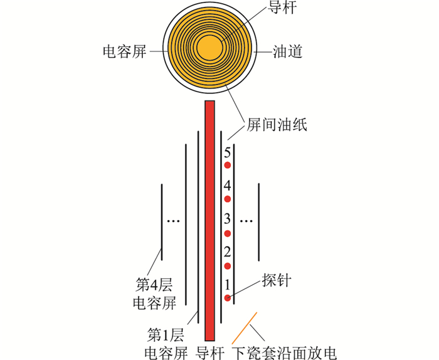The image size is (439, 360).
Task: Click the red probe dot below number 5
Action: click(x=227, y=165)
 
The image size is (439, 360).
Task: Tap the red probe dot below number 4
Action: click(x=227, y=199)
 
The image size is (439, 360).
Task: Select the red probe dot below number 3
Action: click(x=227, y=233)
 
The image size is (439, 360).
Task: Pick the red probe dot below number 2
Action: click(x=227, y=266)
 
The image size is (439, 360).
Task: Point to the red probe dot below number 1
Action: click(x=227, y=298)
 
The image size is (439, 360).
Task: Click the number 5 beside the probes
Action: click(x=227, y=153)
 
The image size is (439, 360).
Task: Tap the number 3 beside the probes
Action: click(x=227, y=219)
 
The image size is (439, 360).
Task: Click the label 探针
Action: click(x=277, y=280)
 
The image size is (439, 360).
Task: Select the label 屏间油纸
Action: click(x=277, y=125)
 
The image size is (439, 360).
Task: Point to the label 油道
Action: click(x=287, y=52)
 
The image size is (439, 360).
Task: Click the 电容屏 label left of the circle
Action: click(x=125, y=52)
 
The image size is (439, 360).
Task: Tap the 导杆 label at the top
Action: click(x=282, y=7)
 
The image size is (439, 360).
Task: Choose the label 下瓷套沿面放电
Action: click(x=284, y=353)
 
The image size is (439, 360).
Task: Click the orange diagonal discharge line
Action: click(x=244, y=328)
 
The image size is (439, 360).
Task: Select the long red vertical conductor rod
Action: click(x=210, y=221)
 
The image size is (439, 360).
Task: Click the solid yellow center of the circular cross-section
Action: click(x=209, y=48)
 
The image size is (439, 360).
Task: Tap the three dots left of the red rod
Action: click(x=173, y=221)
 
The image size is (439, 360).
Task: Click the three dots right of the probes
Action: click(x=246, y=221)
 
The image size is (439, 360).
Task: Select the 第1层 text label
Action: click(x=166, y=335)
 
